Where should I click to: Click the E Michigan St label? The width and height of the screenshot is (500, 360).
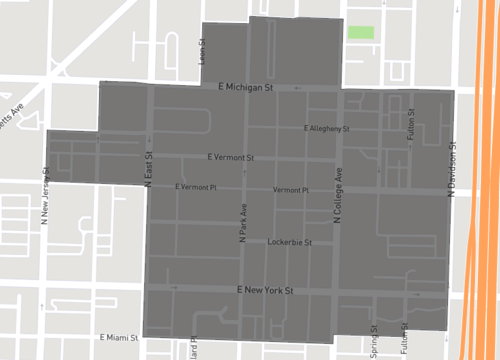(246, 88)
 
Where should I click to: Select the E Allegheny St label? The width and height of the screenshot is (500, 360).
(327, 129)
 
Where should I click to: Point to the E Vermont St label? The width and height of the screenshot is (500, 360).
(232, 158)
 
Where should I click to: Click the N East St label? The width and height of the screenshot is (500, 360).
(148, 167)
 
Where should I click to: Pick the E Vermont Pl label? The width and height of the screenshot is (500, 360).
(195, 187)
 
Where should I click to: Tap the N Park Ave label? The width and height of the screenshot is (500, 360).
(242, 224)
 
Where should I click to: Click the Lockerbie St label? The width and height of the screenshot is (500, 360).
(290, 242)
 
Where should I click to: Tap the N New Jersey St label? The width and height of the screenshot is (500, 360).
(45, 194)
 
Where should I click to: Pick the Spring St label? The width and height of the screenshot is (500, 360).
(374, 342)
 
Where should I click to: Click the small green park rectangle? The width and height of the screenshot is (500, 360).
(360, 32)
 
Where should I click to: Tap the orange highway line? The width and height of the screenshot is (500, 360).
(477, 180)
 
